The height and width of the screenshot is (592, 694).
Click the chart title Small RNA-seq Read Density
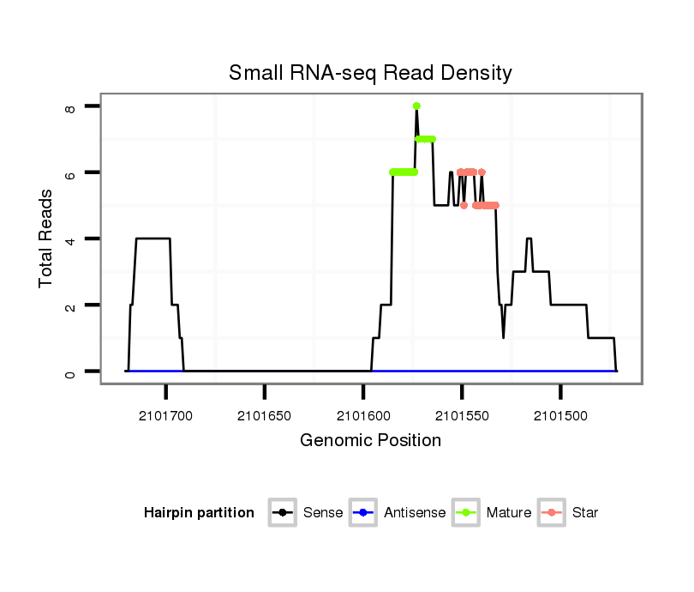coord(370,73)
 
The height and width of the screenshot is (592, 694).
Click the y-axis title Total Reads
coord(46,239)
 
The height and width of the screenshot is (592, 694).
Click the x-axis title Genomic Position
coord(370,441)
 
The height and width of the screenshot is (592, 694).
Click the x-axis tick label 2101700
coord(166,416)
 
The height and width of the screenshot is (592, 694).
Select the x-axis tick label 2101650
coord(265,416)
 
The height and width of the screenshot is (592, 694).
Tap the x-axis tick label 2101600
coord(363,416)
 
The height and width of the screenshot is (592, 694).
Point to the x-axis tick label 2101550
coord(462,416)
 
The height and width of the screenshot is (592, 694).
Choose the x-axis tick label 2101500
coord(560,416)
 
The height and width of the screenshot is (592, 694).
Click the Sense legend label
coord(323,513)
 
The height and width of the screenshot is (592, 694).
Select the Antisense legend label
coord(415,513)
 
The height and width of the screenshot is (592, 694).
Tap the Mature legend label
coord(509,513)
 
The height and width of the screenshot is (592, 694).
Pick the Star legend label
coord(585,513)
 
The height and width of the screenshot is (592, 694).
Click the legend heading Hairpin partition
coord(199,513)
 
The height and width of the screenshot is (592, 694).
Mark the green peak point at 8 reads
coord(416,106)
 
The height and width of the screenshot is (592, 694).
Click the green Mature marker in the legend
coord(467,513)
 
